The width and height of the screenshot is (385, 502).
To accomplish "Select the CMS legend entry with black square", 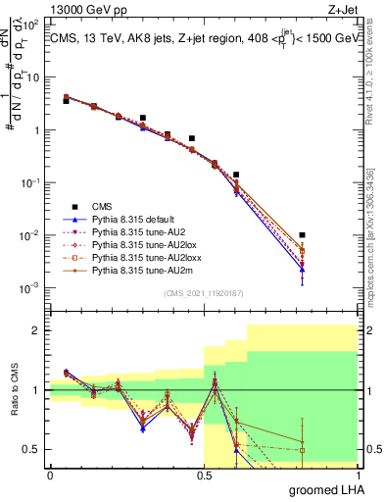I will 103,206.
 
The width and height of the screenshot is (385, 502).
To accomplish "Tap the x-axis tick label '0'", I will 50,474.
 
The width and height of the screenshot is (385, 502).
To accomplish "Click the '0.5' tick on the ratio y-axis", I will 31,449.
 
